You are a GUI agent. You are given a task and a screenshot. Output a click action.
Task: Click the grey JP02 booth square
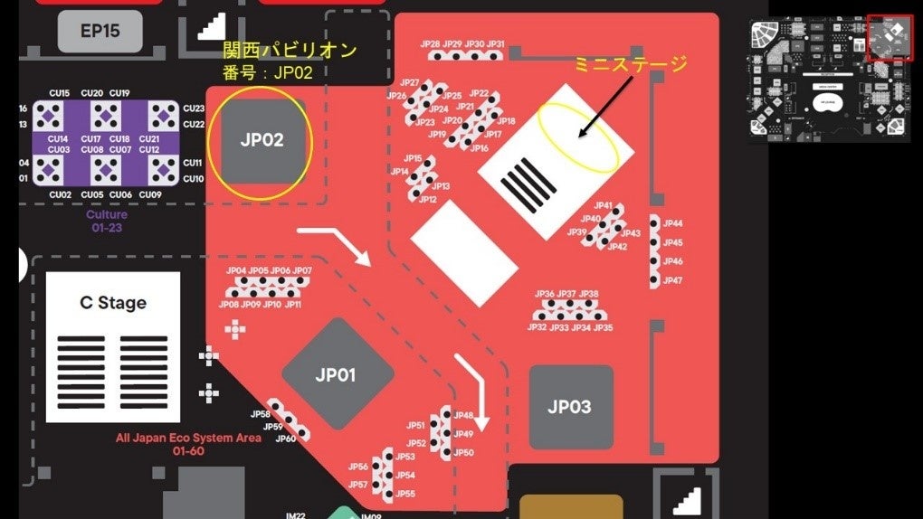262,140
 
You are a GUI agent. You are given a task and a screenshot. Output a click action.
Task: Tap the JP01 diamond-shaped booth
337,374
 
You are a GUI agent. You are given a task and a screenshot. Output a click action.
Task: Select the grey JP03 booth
569,406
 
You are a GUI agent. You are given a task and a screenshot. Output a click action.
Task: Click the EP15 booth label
100,31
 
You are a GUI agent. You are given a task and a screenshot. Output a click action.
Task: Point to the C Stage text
113,303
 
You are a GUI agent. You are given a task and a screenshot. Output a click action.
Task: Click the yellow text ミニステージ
632,64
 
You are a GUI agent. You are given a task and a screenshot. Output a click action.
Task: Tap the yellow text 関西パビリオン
290,50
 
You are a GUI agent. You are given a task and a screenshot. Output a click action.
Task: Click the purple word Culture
106,215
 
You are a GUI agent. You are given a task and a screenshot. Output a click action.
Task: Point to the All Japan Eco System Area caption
188,438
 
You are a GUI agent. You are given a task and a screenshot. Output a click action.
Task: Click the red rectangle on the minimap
890,38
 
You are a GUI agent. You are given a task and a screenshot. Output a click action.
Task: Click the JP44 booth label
672,223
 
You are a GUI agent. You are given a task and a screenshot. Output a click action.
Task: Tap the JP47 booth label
672,281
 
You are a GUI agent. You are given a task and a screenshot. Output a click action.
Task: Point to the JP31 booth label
496,44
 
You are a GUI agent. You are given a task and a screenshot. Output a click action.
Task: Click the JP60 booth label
284,439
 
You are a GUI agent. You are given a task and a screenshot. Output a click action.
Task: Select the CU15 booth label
60,93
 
